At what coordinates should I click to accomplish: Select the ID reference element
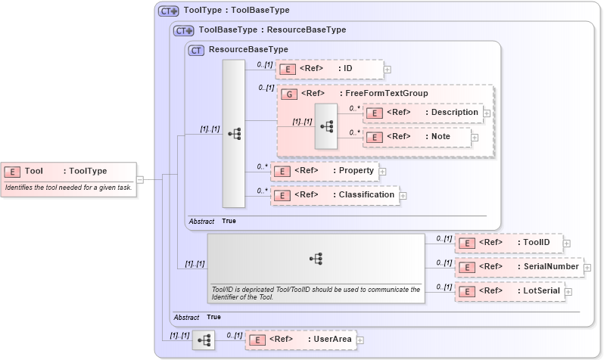[329, 69]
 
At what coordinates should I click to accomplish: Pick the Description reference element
[423, 112]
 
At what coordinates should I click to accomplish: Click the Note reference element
[417, 137]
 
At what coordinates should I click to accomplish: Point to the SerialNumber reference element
[518, 266]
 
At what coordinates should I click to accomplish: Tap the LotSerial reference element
[509, 290]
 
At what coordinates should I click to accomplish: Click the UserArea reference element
[300, 340]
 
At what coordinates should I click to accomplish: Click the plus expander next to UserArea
[360, 340]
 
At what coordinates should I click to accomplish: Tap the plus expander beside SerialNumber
[587, 267]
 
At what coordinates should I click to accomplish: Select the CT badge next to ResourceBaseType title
[197, 51]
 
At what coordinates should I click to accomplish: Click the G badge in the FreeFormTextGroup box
[288, 94]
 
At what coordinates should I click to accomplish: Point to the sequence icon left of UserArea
[204, 340]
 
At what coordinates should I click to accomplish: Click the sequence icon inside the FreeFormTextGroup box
[326, 126]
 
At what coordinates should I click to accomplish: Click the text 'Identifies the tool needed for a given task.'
[68, 187]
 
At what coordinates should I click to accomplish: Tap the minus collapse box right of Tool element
[149, 179]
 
